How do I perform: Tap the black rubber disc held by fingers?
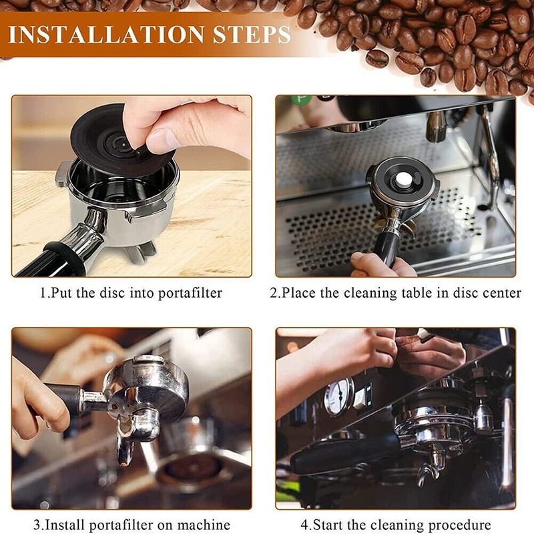tap(112, 136)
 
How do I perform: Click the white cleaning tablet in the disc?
tap(403, 180)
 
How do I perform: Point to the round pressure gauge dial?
tap(338, 396)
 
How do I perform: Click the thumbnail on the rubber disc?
tap(160, 140)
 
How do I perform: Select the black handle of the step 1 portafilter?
tap(51, 259)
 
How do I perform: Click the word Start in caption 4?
tap(328, 525)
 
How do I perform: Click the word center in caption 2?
tap(501, 294)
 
